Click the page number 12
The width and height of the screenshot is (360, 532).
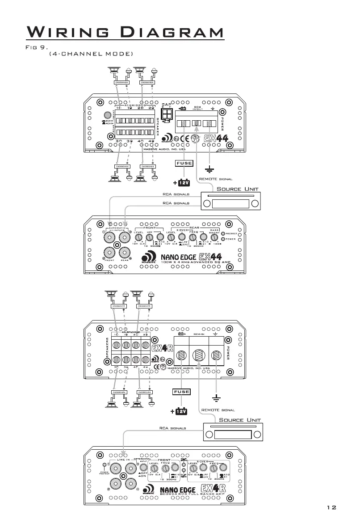click(x=331, y=507)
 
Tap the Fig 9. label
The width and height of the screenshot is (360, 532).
click(x=37, y=46)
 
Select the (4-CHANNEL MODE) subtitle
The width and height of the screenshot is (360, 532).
click(x=90, y=54)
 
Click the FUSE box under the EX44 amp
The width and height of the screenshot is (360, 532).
click(x=184, y=163)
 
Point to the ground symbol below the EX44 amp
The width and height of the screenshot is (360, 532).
click(x=209, y=170)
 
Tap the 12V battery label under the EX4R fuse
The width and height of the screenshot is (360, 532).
click(x=181, y=411)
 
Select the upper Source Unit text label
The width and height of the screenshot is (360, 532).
click(x=237, y=189)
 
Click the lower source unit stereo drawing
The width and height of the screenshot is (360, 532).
click(x=232, y=434)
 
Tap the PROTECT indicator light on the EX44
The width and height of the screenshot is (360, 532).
click(x=223, y=233)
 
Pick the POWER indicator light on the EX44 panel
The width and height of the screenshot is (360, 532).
click(x=223, y=239)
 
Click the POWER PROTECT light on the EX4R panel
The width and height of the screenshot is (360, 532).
click(x=105, y=466)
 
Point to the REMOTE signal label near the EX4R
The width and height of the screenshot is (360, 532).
click(x=218, y=410)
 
